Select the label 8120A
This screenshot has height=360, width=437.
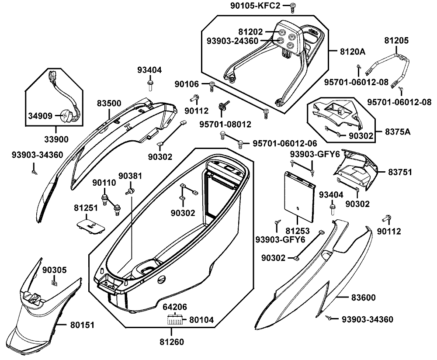coord(353,51)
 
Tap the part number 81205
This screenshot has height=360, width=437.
coord(396,40)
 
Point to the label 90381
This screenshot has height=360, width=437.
coord(131,177)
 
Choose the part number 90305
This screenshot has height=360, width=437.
coord(55,270)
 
